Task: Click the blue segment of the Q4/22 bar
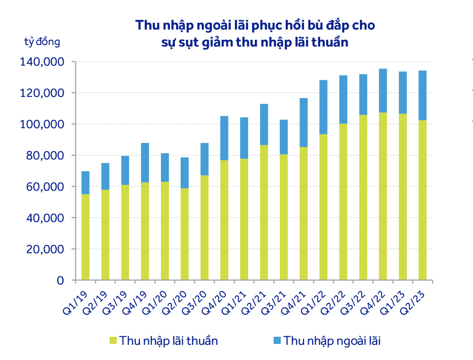(383, 90)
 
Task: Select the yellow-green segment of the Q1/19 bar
(85, 237)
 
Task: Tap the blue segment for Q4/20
(224, 138)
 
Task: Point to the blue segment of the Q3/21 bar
(283, 137)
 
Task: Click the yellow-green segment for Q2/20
(185, 234)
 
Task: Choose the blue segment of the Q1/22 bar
(323, 107)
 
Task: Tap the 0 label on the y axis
(59, 280)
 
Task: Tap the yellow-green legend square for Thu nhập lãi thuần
(112, 341)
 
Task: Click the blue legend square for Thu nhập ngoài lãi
(276, 341)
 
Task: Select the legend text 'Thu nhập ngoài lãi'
(332, 341)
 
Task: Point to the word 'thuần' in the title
(329, 43)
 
